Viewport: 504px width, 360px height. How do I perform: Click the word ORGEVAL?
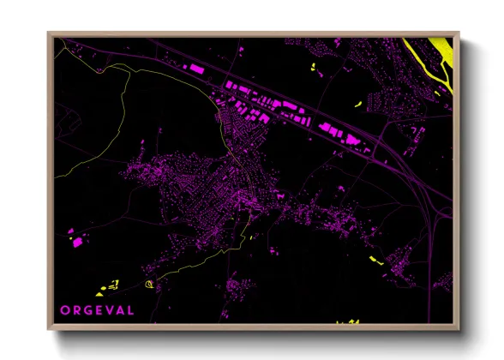pyautogui.click(x=97, y=309)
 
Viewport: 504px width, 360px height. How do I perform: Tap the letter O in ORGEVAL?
pyautogui.click(x=64, y=309)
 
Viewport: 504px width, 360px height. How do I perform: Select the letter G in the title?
pyautogui.click(x=87, y=309)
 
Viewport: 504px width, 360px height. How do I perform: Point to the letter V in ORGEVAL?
pyautogui.click(x=108, y=309)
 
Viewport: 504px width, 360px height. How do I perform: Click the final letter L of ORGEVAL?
pyautogui.click(x=130, y=309)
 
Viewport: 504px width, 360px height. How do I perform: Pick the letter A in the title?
pyautogui.click(x=119, y=309)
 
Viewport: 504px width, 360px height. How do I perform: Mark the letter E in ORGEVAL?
pyautogui.click(x=98, y=309)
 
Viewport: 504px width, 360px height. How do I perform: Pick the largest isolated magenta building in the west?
pyautogui.click(x=76, y=243)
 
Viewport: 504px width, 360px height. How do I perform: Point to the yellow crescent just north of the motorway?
pyautogui.click(x=357, y=105)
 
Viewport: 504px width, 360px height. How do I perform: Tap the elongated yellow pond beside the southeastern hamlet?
pyautogui.click(x=374, y=259)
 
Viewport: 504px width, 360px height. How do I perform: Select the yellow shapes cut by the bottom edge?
pyautogui.click(x=348, y=321)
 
